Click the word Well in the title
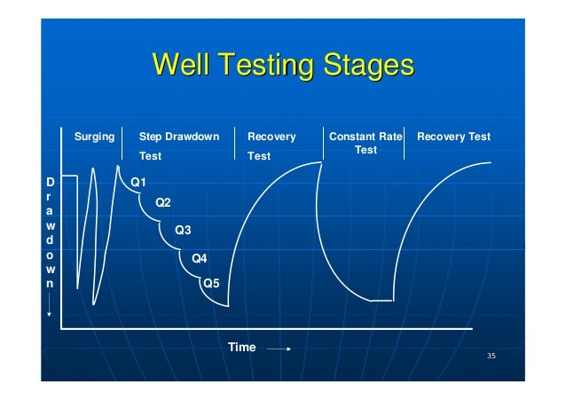[183, 66]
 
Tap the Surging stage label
[94, 137]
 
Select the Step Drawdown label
[179, 137]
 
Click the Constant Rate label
[366, 137]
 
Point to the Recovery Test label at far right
[453, 137]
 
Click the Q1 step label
[138, 182]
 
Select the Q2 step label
[163, 203]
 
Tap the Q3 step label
[183, 231]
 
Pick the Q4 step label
[200, 259]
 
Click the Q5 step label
[212, 284]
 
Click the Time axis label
[241, 348]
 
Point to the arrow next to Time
[279, 349]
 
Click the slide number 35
[491, 357]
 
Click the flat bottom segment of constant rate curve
[381, 302]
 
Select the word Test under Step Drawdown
[150, 156]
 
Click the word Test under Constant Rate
[366, 151]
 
